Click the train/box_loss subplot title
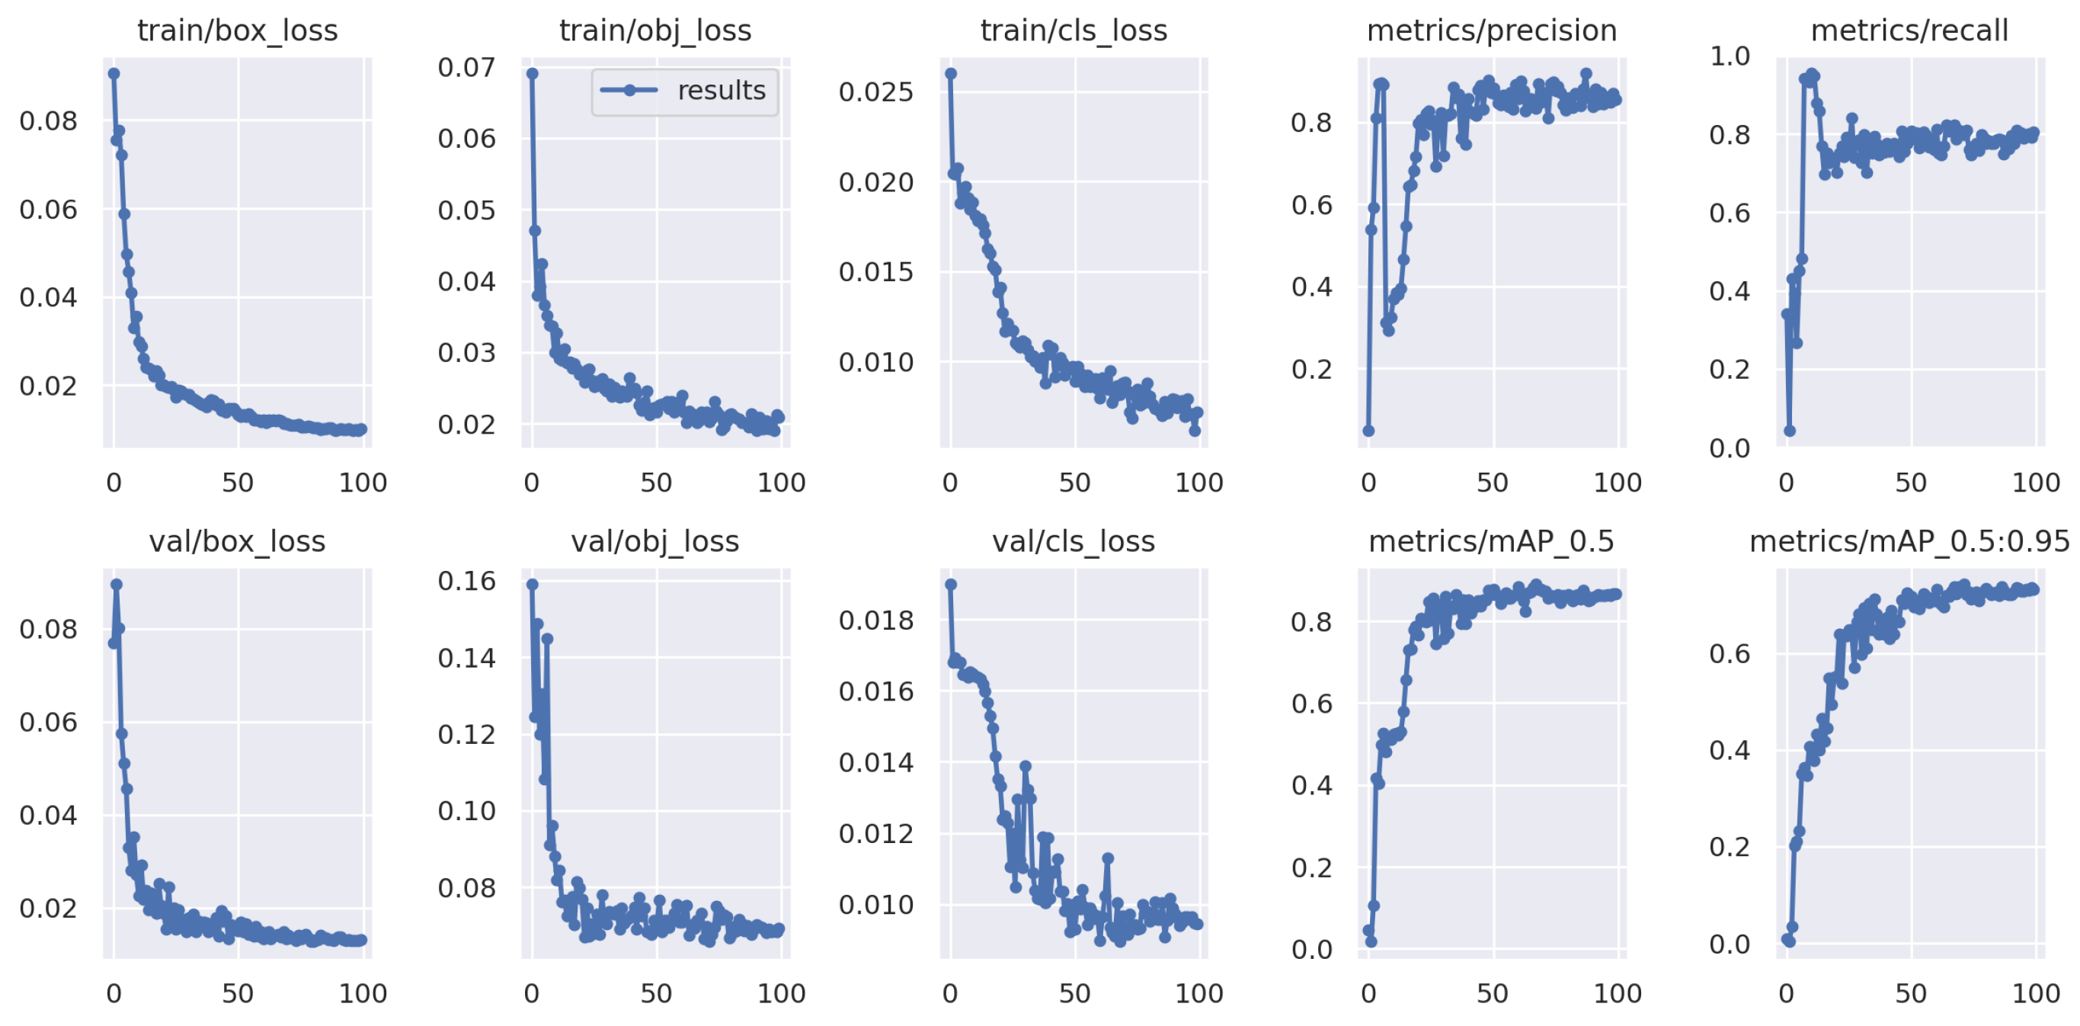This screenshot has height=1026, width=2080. (x=238, y=30)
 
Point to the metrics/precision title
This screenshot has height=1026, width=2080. (x=1491, y=30)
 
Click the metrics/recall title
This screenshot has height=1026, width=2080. (x=1909, y=30)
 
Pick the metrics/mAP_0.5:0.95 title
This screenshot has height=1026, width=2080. (x=1909, y=541)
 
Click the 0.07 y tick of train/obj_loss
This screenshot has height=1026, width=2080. (x=467, y=68)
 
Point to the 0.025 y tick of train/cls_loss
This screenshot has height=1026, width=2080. (x=876, y=92)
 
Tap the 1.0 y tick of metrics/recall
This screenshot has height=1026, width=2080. (x=1730, y=56)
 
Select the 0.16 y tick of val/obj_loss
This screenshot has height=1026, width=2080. (x=467, y=581)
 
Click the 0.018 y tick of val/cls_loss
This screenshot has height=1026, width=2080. (x=876, y=620)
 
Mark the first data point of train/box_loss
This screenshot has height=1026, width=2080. (x=114, y=73)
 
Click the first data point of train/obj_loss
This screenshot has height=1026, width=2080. (x=532, y=73)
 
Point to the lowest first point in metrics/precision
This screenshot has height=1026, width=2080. (x=1368, y=431)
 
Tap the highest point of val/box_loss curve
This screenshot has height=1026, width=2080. (x=117, y=584)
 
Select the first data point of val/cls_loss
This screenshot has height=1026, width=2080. (x=950, y=584)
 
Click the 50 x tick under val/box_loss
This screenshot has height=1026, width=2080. (x=238, y=994)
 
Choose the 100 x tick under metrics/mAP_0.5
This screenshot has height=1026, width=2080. (x=1617, y=994)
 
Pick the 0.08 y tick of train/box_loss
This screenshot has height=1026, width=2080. (x=49, y=121)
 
